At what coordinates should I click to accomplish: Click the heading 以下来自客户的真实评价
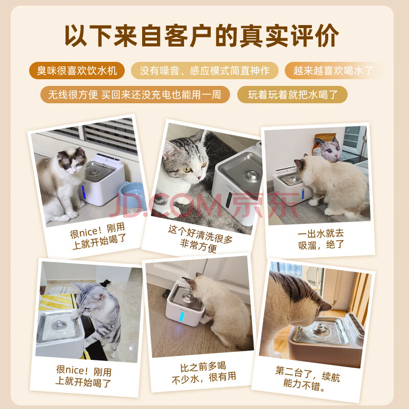point(201,36)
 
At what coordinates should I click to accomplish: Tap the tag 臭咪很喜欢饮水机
point(77,71)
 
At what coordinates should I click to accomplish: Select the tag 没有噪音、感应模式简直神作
point(204,71)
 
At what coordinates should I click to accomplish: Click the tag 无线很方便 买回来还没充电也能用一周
point(135,95)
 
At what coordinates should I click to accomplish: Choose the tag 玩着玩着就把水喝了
point(292,95)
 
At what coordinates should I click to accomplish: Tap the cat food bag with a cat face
point(327,148)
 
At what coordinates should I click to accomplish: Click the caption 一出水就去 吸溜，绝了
point(321,239)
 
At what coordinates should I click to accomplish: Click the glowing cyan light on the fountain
point(181,316)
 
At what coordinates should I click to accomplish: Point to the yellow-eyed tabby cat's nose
point(199,177)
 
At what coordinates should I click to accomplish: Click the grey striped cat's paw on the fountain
point(75,315)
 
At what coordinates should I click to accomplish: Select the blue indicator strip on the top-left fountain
point(83,192)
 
